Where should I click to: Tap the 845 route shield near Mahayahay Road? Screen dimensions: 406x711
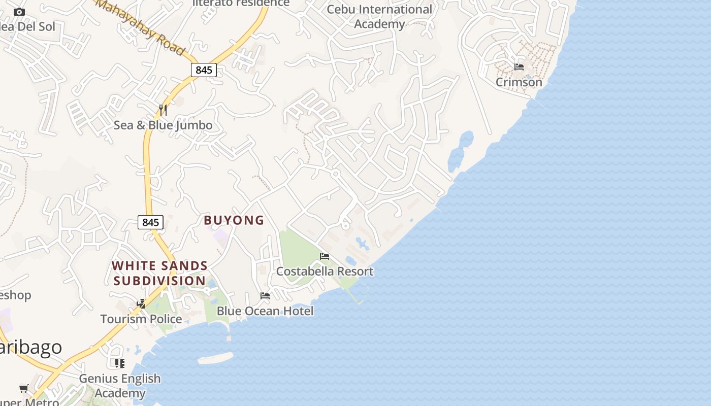point(204,70)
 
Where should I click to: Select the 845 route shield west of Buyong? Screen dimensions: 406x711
point(150,222)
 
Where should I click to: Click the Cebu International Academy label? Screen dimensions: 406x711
point(379,16)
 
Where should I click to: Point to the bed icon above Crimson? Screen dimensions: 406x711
point(519,66)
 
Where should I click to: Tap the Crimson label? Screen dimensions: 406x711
point(519,82)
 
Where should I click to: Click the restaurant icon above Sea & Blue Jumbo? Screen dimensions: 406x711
point(163,110)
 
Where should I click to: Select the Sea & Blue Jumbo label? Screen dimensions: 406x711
point(163,125)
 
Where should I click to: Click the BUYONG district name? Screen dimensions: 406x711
point(234,220)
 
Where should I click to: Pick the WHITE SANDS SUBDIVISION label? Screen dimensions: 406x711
point(159,273)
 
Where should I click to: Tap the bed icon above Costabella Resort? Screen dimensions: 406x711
point(325,256)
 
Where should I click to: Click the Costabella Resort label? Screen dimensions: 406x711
point(325,272)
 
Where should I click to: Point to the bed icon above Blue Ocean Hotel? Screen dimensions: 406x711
point(265,295)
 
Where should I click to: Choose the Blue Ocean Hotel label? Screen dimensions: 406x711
point(265,311)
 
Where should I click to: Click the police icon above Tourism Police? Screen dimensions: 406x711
point(141,303)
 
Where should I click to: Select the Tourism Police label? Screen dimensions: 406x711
point(141,319)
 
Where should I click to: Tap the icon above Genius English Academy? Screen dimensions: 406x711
point(120,363)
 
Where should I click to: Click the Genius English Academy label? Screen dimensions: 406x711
point(120,386)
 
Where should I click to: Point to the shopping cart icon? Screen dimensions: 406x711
point(23,388)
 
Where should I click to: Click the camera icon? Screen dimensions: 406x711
point(19,12)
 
